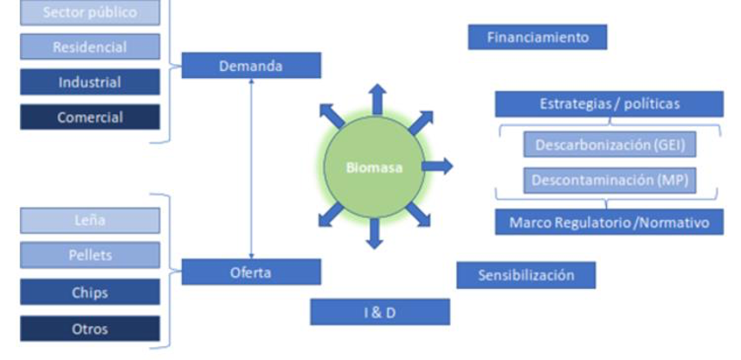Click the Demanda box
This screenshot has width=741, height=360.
251,65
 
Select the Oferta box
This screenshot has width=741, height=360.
251,272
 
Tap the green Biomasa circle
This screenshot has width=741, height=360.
374,167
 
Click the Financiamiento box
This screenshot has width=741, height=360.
538,37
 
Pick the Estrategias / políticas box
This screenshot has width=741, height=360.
609,104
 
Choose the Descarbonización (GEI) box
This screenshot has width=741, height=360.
609,145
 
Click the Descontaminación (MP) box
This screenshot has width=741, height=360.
609,181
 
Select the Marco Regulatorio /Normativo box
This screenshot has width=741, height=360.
609,222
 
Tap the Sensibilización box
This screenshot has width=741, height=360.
526,275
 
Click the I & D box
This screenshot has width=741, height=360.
380,312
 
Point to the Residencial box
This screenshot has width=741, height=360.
90,47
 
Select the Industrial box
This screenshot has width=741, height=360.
90,82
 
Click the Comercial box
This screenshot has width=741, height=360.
90,118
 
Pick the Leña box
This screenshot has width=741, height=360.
90,220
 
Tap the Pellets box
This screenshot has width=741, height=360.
90,255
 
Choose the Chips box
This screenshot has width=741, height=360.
90,292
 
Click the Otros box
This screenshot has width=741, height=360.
90,329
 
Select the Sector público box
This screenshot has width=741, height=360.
90,12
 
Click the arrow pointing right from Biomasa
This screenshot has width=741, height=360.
438,166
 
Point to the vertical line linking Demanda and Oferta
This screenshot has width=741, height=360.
251,169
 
